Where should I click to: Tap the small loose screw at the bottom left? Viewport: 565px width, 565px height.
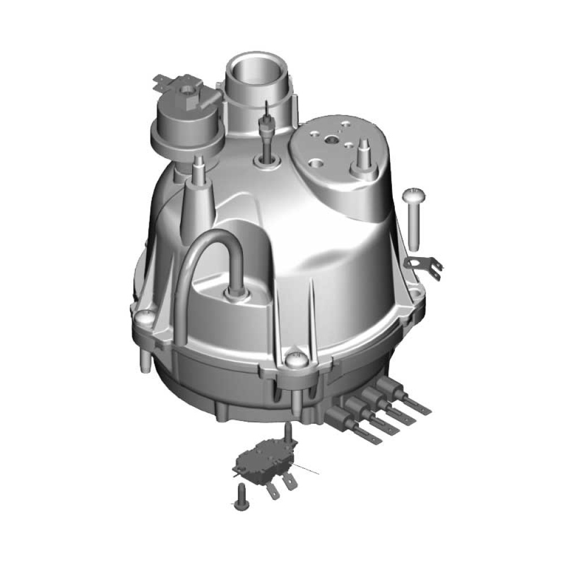pyautogui.click(x=240, y=497)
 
